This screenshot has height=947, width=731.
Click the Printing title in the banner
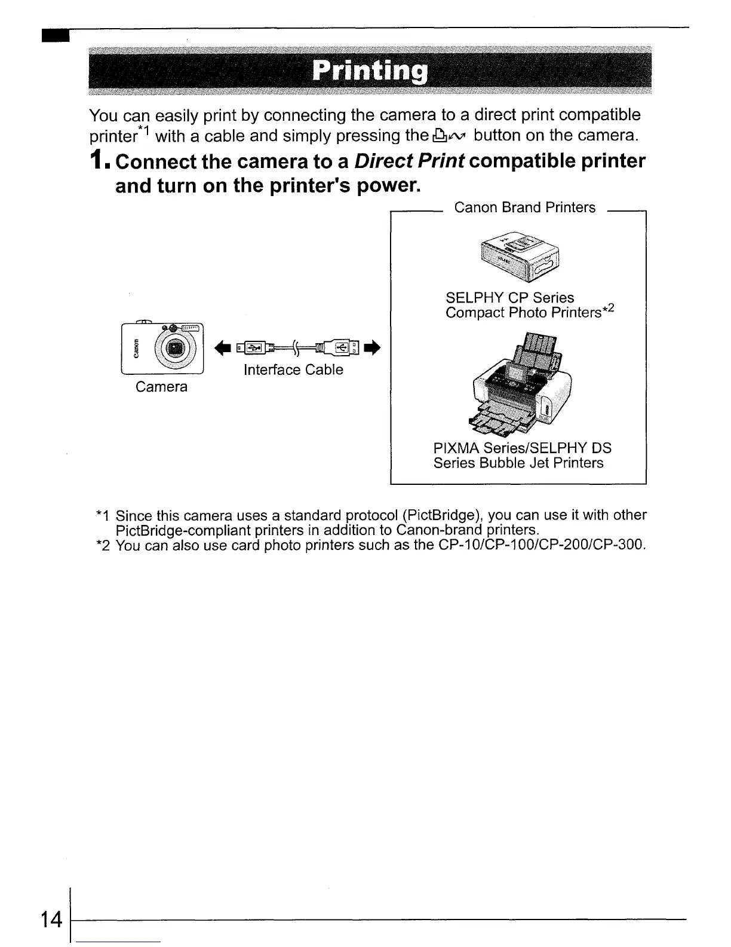[370, 71]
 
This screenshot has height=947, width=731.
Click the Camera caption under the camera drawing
[161, 387]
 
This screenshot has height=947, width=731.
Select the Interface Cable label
[293, 370]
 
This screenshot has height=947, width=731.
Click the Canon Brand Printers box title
[524, 207]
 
